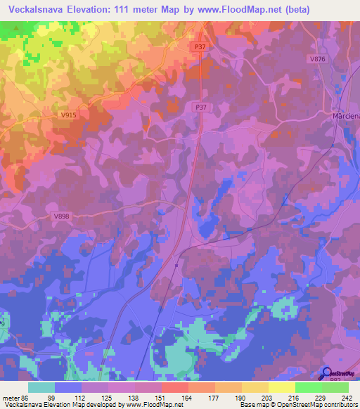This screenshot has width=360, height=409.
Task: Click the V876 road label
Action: pyautogui.click(x=317, y=59)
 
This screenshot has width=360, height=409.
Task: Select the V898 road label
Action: pyautogui.click(x=61, y=217)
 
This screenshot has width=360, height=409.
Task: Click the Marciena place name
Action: pyautogui.click(x=345, y=115)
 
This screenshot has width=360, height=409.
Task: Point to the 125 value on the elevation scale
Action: pyautogui.click(x=108, y=398)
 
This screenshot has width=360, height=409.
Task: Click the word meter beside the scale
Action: pyautogui.click(x=11, y=398)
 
